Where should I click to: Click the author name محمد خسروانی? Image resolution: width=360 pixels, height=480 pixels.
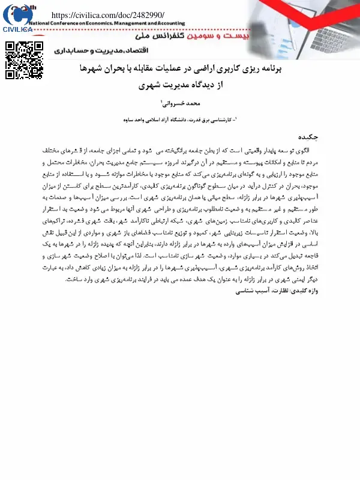[184, 104]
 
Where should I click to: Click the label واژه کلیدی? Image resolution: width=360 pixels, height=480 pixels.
[304, 274]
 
